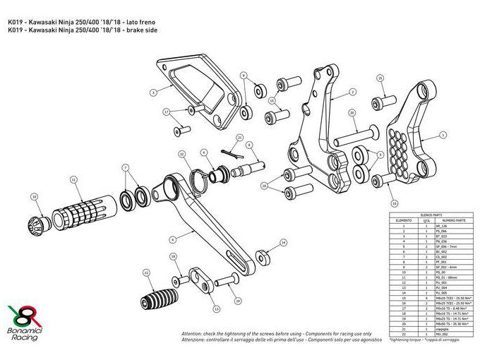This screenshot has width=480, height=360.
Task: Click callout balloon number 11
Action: click(73, 180)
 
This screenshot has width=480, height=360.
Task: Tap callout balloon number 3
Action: click(153, 92)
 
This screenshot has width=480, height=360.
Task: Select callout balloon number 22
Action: click(181, 153)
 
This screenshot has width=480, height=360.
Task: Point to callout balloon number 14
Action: click(283, 242)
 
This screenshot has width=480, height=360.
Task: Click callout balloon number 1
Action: click(443, 133)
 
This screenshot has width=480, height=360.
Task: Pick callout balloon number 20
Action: click(352, 112)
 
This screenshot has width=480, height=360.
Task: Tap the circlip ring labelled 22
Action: click(204, 176)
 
